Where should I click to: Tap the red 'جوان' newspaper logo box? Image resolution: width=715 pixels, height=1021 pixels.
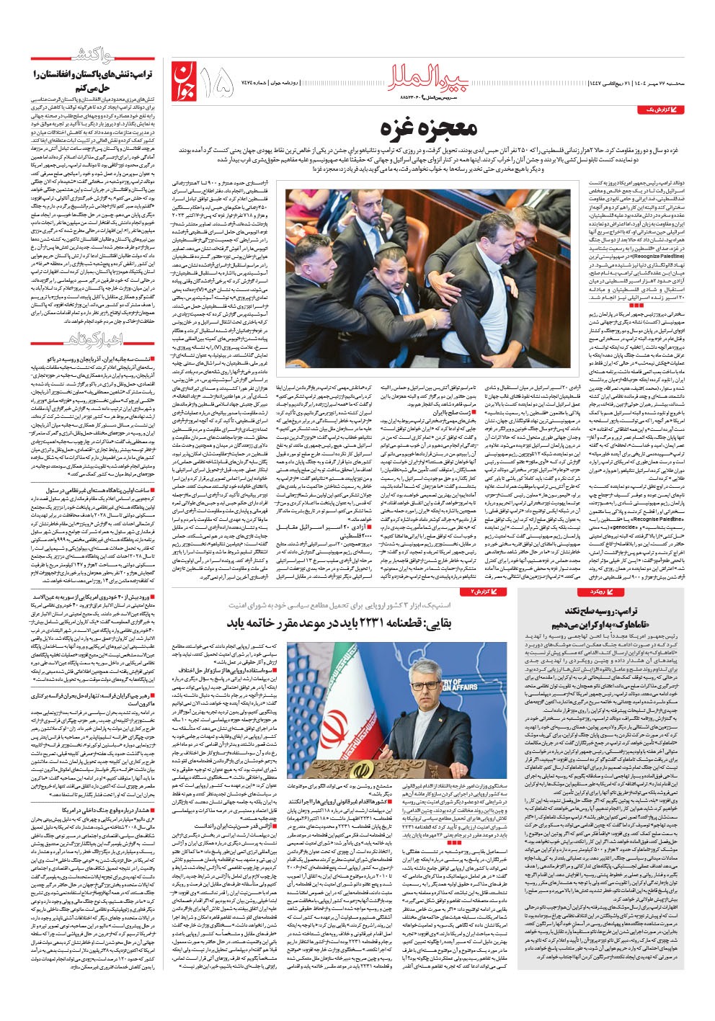pos(185,81)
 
